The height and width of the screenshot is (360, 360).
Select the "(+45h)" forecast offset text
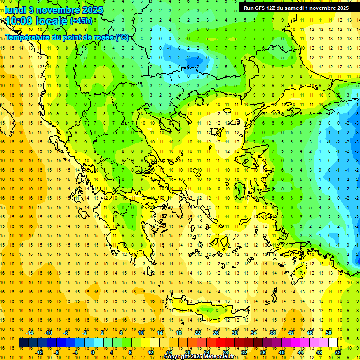pos(81,21)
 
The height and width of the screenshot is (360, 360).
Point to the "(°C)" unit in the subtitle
pos(122,37)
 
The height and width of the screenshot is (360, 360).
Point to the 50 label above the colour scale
pos(328,333)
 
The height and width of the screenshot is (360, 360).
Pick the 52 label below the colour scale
pos(338,352)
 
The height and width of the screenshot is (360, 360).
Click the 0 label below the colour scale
pos(93,352)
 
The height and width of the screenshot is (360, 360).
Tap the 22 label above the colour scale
pos(197,333)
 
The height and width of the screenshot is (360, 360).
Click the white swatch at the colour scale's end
pos(333,343)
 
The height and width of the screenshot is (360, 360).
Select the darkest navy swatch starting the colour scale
pos(24,343)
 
